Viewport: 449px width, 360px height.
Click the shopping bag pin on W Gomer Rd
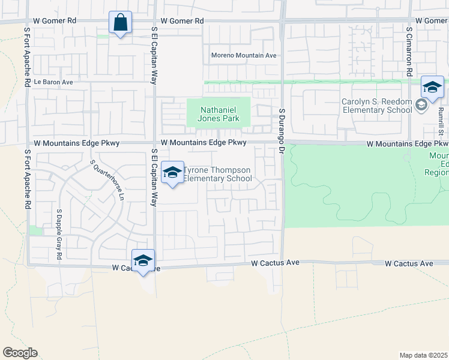[x=121, y=23]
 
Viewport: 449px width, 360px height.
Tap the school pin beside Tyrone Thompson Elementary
[x=172, y=173]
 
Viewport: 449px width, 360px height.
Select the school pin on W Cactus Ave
[x=143, y=261]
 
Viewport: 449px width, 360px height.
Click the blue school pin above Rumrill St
[x=432, y=88]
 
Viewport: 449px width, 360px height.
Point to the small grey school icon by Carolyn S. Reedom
[x=421, y=106]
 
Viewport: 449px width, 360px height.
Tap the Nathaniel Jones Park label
[x=218, y=114]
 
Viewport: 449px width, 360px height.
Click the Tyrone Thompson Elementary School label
[x=217, y=175]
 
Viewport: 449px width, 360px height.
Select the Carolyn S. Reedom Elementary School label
[x=377, y=106]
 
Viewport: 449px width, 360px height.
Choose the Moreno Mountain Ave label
[x=243, y=56]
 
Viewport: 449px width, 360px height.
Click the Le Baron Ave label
[x=53, y=82]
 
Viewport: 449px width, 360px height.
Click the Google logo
[x=20, y=353]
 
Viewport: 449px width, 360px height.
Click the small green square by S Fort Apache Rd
[x=35, y=230]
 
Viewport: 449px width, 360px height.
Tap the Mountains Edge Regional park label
[x=438, y=164]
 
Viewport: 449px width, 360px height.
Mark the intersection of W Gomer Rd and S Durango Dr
[x=282, y=21]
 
